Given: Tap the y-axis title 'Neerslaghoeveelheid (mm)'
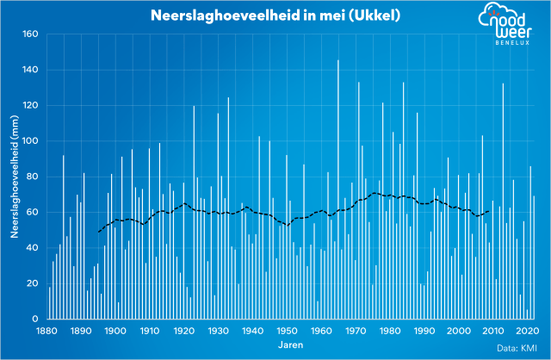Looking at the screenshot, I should pyautogui.click(x=15, y=177).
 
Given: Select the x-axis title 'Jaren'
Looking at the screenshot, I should pyautogui.click(x=291, y=344).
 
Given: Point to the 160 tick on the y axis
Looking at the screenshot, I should pyautogui.click(x=32, y=34).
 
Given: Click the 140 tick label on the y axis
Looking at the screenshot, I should pyautogui.click(x=32, y=70).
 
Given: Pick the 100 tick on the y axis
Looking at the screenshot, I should pyautogui.click(x=32, y=141).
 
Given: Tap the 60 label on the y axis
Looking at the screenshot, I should pyautogui.click(x=34, y=213).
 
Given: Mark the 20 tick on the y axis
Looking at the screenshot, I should pyautogui.click(x=34, y=283).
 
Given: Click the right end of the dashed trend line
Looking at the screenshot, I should pyautogui.click(x=489, y=211).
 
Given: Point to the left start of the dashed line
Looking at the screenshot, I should pyautogui.click(x=98, y=232).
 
